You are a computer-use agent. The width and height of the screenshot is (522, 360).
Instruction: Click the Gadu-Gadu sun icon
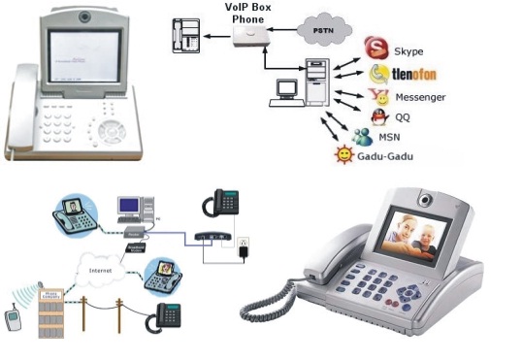tap(343, 155)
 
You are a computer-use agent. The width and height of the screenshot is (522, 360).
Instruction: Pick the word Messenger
tap(420, 97)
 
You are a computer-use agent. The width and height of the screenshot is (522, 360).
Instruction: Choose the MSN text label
tap(389, 138)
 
